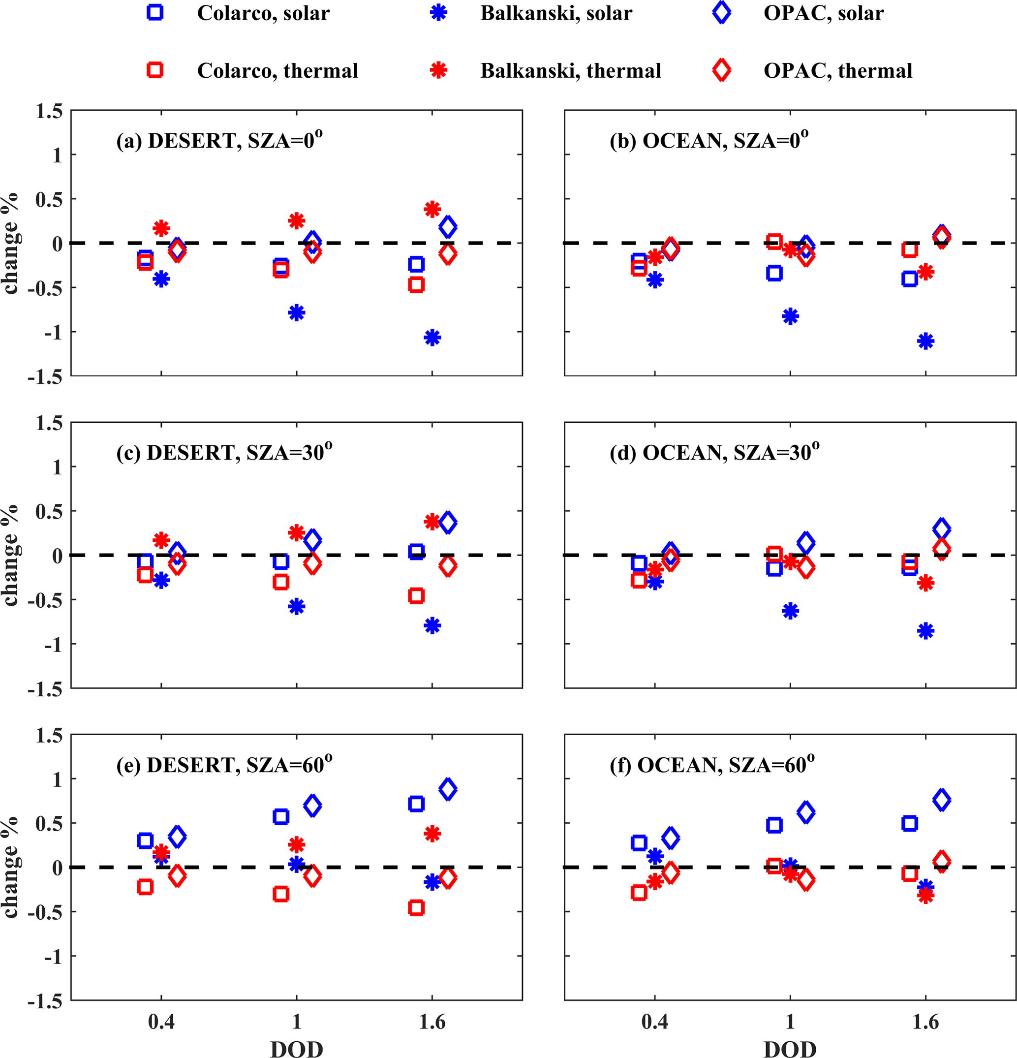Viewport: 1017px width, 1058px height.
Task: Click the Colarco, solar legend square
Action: tap(155, 13)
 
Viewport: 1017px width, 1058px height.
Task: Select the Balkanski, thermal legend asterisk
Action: tap(438, 70)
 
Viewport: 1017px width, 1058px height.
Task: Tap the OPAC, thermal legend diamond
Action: tap(721, 70)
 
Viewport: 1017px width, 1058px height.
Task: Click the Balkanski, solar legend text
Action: tap(556, 13)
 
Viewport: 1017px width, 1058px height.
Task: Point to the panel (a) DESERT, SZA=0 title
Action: tap(219, 140)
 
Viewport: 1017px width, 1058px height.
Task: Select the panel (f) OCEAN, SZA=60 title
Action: tap(712, 765)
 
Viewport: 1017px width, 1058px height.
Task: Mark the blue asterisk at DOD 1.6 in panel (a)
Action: tap(432, 338)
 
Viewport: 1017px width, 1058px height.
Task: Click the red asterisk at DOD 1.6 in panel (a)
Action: tap(432, 210)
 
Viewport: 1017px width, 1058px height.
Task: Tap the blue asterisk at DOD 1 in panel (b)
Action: tap(790, 316)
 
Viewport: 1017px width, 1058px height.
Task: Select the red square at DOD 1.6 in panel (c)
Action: tap(416, 596)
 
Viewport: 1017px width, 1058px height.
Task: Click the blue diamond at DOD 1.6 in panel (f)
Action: tap(941, 800)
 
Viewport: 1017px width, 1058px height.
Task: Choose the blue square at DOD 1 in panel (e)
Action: tap(281, 817)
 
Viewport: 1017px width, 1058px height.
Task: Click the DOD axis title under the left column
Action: tap(296, 1048)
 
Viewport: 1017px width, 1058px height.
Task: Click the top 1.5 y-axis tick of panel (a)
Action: tap(49, 111)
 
